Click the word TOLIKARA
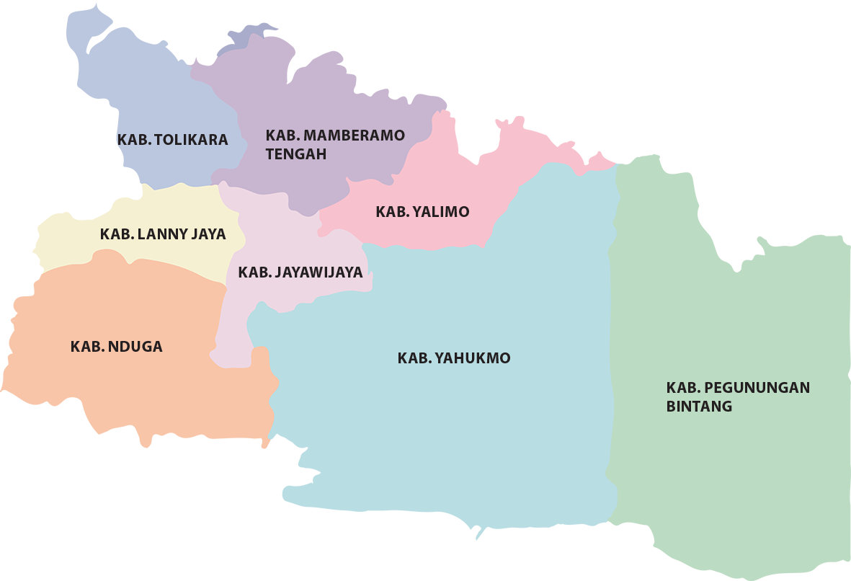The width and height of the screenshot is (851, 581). point(191,140)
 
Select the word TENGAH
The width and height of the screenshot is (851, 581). point(295,154)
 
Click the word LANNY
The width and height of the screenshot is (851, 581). point(161,234)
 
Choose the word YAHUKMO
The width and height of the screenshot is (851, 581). point(472,358)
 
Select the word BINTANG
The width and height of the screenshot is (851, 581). point(698,407)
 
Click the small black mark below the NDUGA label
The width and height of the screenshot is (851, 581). point(76,405)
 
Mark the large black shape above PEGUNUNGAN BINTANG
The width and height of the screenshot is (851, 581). point(742,180)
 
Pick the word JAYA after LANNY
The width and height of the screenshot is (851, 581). point(208,234)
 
